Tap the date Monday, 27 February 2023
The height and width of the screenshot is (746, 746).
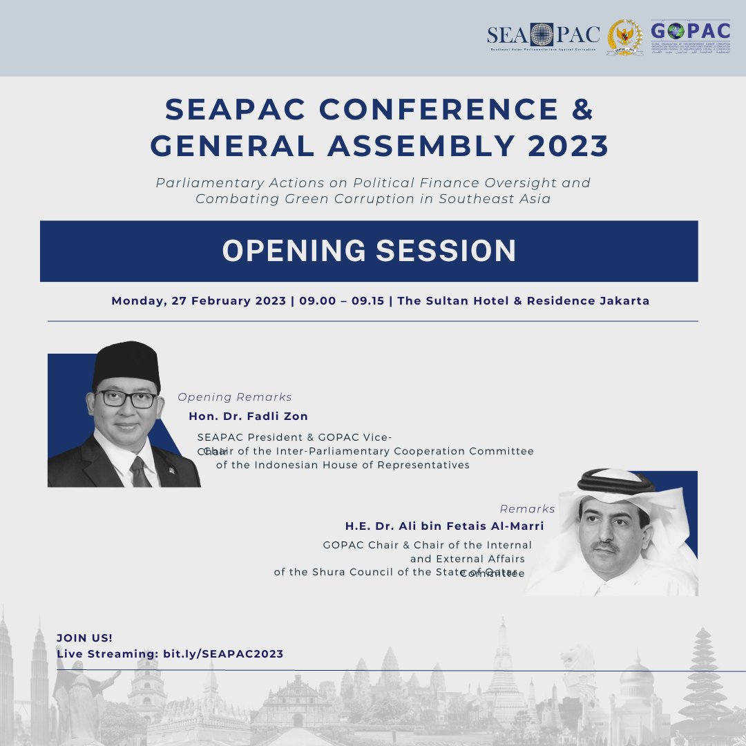tap(198, 301)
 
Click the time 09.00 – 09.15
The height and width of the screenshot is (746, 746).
tap(341, 301)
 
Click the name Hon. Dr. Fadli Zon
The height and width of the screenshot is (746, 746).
tap(248, 417)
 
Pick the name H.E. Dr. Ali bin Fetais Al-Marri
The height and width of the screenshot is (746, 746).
tap(444, 526)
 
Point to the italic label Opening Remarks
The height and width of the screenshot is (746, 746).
tap(235, 397)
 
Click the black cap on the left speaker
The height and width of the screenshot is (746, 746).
tap(126, 362)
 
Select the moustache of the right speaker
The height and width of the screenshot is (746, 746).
tap(606, 546)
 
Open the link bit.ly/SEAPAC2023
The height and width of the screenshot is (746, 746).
tap(222, 653)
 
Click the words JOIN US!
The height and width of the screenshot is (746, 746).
tap(84, 638)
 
